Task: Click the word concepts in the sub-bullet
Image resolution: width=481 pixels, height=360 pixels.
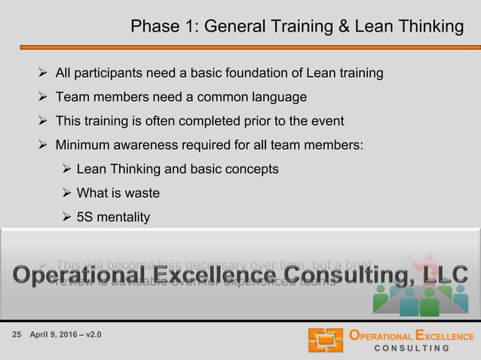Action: (x=250, y=169)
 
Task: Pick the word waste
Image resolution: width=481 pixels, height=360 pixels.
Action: (x=142, y=193)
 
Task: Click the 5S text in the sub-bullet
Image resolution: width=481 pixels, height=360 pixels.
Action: (x=85, y=217)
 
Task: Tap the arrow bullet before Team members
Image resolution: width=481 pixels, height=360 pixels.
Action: (x=44, y=97)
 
